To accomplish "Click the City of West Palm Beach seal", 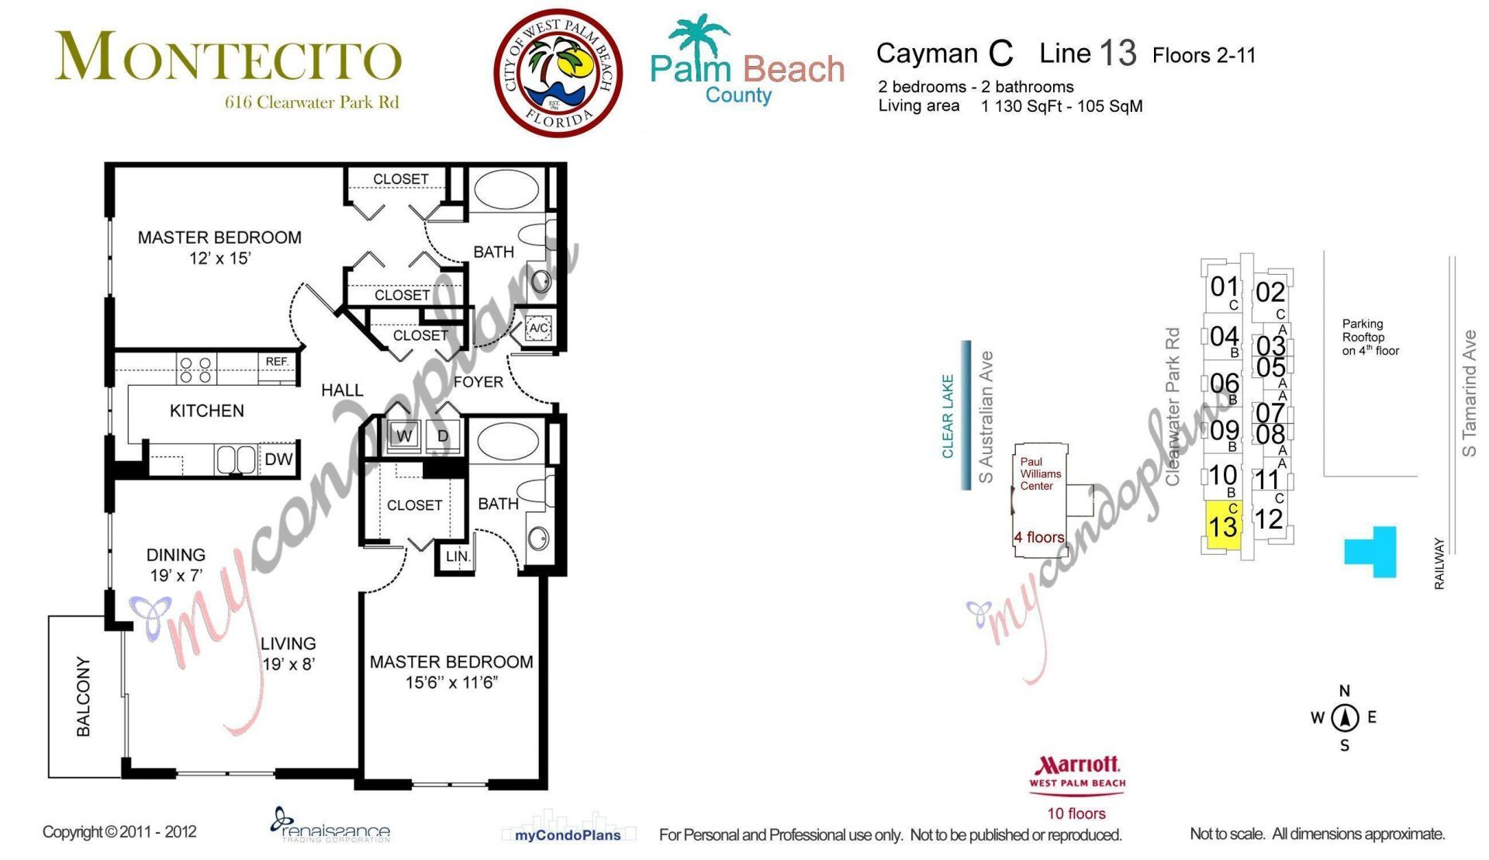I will (x=558, y=73).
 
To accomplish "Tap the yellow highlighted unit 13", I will (x=1224, y=526).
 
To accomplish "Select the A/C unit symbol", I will (x=538, y=328).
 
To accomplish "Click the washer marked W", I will (x=404, y=436).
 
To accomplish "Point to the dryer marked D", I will (x=443, y=436).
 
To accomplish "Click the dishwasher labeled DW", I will (x=278, y=459).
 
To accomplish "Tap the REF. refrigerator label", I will (x=277, y=362).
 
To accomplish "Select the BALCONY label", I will (x=84, y=696).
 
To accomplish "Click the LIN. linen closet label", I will (x=458, y=557).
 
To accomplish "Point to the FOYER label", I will (x=478, y=382).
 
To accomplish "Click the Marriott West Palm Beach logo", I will (x=1077, y=773).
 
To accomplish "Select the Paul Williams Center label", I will (x=1039, y=473).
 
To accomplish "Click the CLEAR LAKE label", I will (x=948, y=416).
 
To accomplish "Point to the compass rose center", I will (x=1345, y=718).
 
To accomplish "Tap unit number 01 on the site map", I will (x=1224, y=286).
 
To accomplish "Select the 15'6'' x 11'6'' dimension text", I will (x=451, y=683).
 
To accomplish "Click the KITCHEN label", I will (x=207, y=411).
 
